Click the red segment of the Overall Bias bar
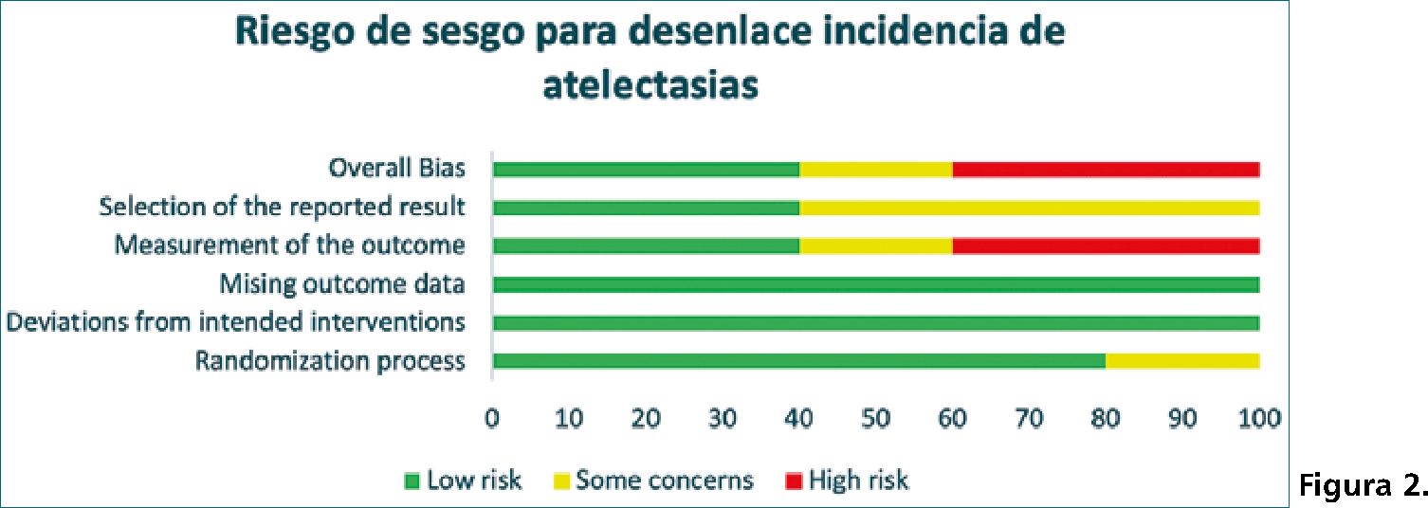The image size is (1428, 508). tap(1106, 170)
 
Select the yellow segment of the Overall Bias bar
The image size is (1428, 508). tap(876, 170)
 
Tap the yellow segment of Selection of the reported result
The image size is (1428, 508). tap(1029, 208)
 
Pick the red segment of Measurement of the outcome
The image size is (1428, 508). tap(1106, 245)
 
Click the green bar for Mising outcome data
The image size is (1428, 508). tap(876, 284)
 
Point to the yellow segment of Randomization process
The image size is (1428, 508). tap(1182, 360)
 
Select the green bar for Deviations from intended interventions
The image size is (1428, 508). tap(876, 322)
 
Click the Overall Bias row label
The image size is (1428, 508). tap(396, 169)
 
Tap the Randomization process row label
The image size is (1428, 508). tap(330, 361)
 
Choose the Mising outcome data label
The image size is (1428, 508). tap(342, 284)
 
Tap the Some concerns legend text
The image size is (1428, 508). tap(665, 481)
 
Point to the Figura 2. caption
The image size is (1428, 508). tap(1362, 487)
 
